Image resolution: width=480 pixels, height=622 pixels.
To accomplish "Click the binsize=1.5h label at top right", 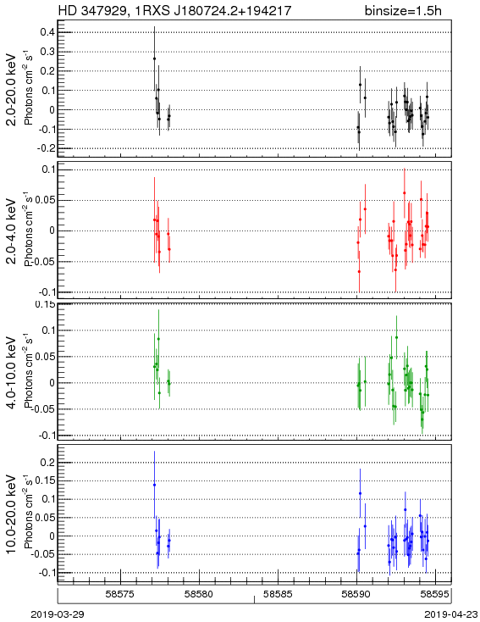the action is (x=403, y=10).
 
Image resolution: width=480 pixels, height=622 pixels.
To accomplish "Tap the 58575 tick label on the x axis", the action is (x=120, y=594).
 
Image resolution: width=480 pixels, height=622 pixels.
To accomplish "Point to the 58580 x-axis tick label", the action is (x=199, y=594).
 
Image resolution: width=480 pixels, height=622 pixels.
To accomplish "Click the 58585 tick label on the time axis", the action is (x=278, y=594).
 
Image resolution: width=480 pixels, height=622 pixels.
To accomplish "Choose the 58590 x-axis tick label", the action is (x=356, y=594).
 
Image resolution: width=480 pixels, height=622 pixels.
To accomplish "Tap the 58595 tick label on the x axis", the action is (x=435, y=594).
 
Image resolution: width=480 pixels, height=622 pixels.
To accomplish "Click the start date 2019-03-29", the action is (x=58, y=614).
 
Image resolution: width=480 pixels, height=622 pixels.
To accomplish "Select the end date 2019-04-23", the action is (x=451, y=614).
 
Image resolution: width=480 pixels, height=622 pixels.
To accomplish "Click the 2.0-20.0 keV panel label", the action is (x=12, y=90).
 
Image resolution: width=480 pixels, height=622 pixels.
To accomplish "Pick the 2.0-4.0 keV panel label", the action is (x=12, y=230).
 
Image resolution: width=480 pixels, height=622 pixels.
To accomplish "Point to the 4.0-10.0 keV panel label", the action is (x=12, y=373).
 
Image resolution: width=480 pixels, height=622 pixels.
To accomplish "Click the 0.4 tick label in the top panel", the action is (x=47, y=31).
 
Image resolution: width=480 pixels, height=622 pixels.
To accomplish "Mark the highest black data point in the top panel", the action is (x=154, y=58).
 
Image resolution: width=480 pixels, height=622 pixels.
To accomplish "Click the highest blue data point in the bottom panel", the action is (x=154, y=485).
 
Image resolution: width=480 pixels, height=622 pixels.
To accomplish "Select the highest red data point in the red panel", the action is (x=405, y=193).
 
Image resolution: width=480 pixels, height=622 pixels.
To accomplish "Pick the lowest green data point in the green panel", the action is (x=422, y=419).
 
